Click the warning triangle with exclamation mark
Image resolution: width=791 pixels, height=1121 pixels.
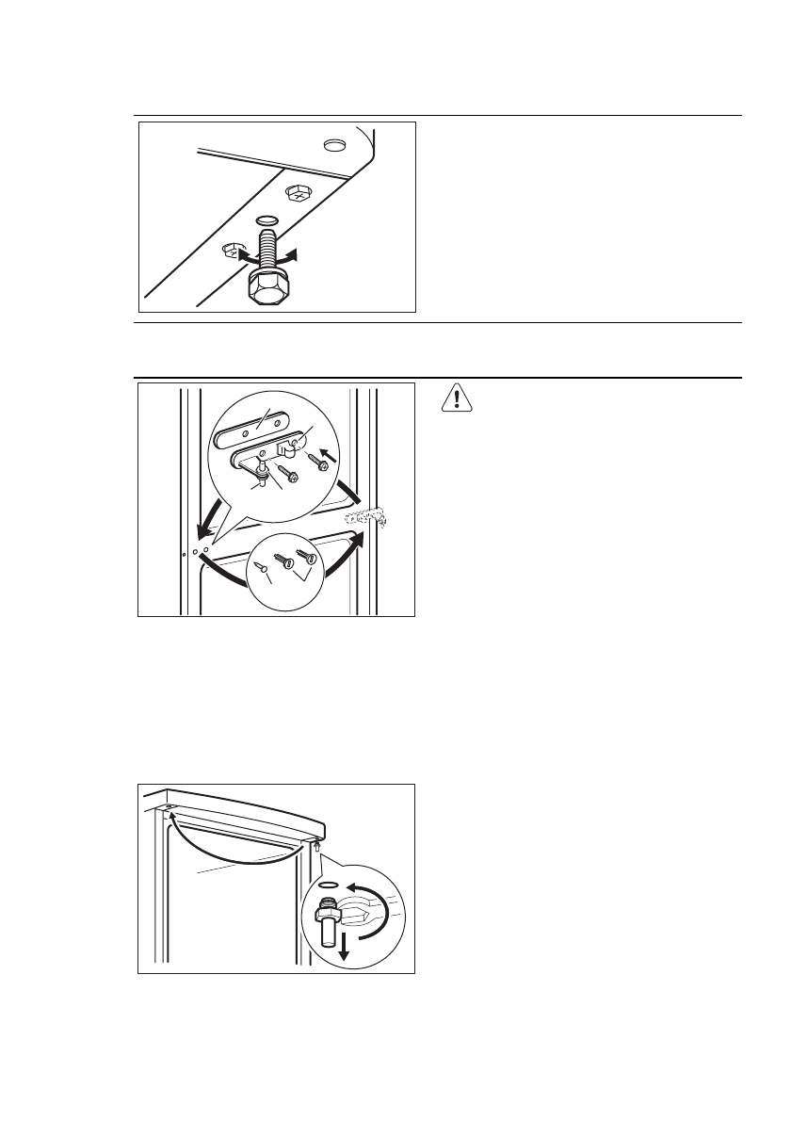pyautogui.click(x=457, y=399)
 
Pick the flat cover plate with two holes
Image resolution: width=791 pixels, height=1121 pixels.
pyautogui.click(x=252, y=429)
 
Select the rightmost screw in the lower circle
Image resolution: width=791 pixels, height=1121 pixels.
pyautogui.click(x=303, y=558)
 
